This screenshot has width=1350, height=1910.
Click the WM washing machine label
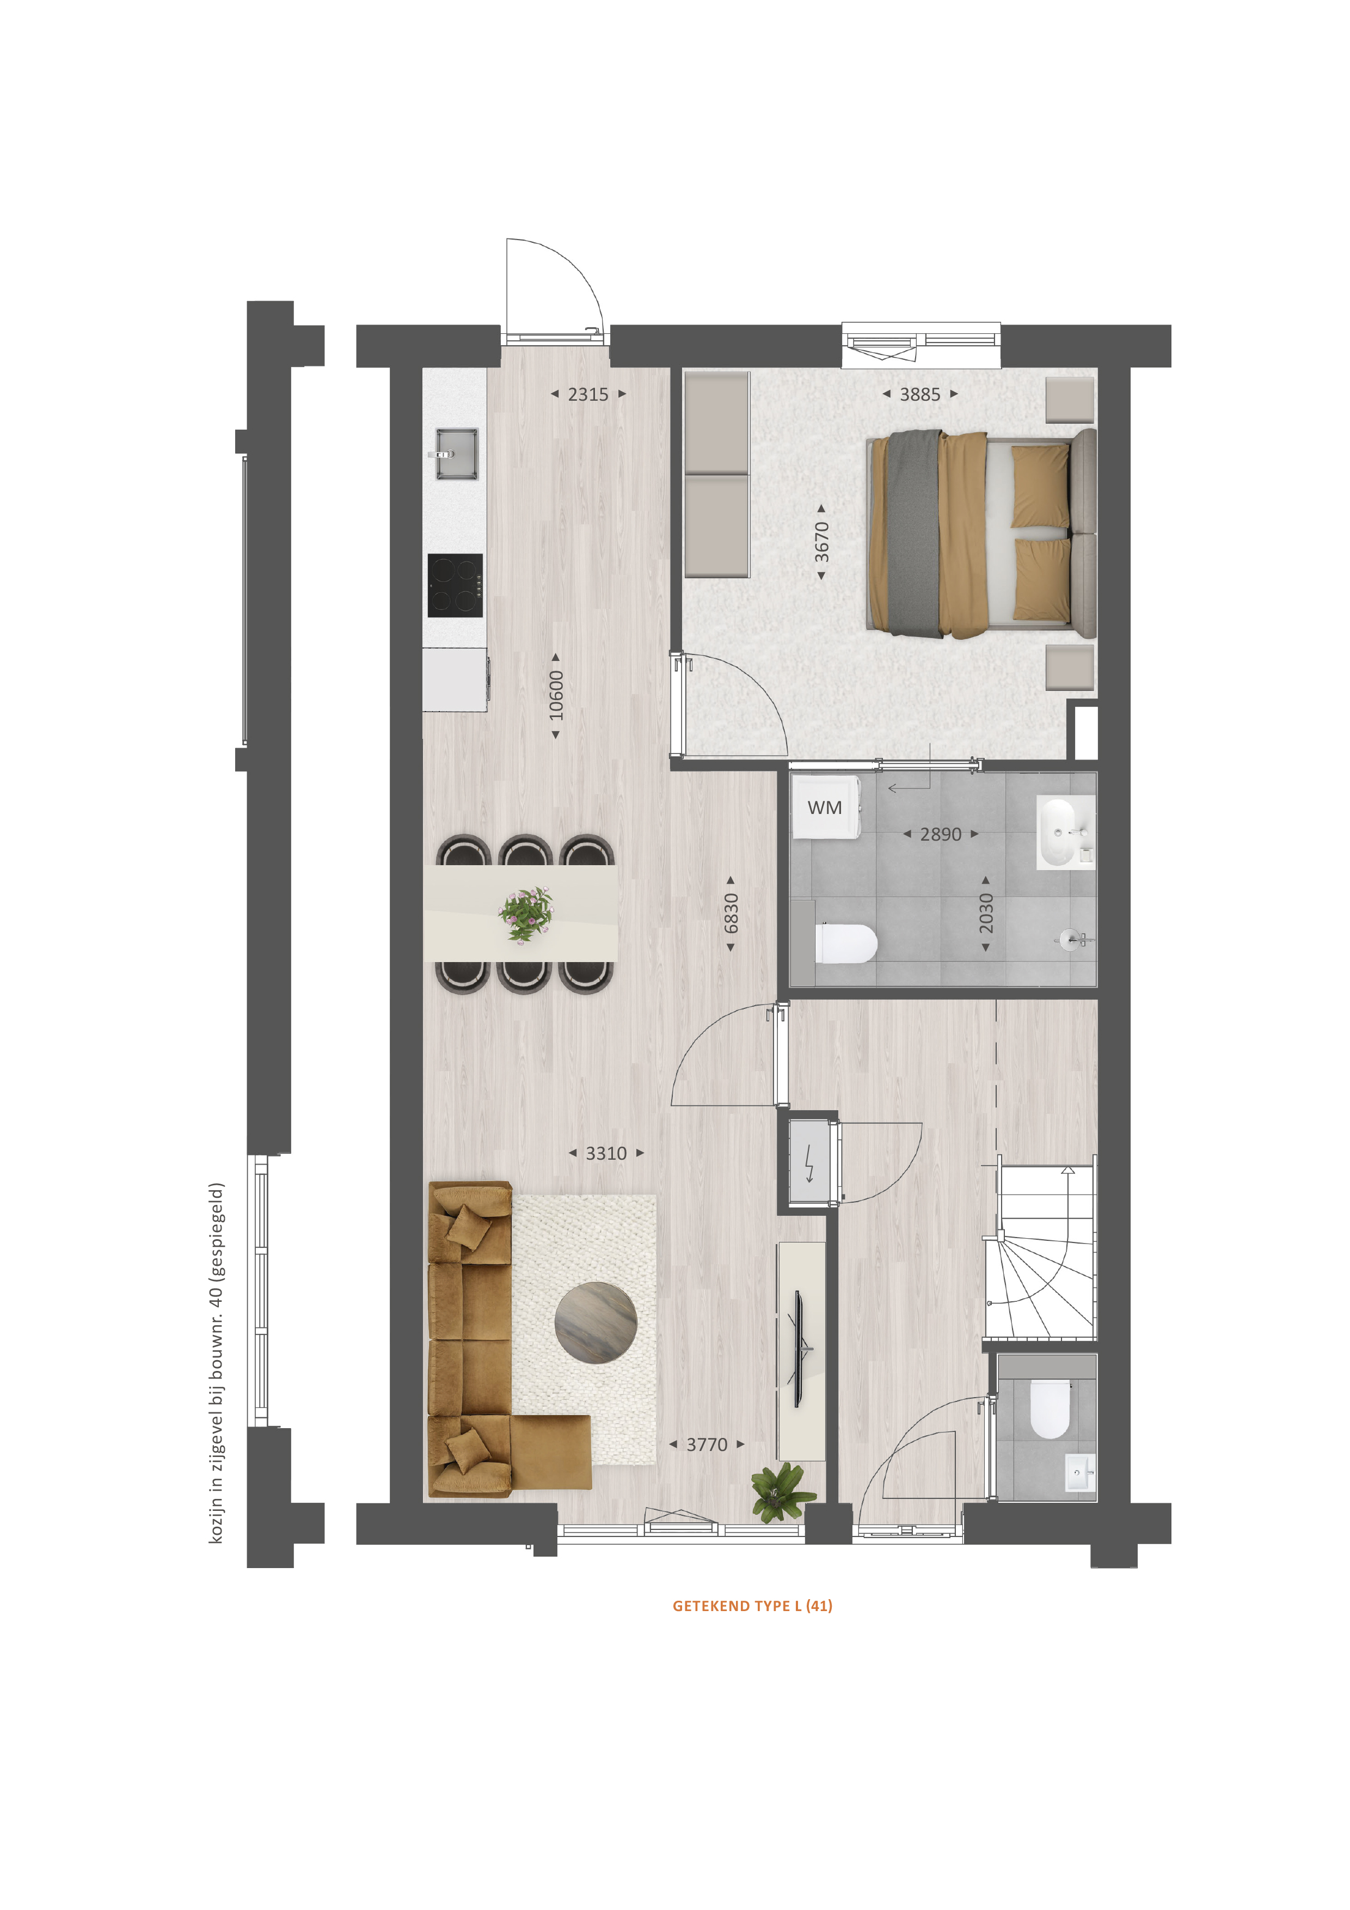pos(824,807)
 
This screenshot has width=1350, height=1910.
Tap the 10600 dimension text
pos(556,695)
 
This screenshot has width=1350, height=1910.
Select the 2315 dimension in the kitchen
pos(588,394)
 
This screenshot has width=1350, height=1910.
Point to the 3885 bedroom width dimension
pos(920,394)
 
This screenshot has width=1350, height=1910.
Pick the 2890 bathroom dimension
pos(941,834)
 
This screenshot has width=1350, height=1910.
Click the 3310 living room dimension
pos(606,1153)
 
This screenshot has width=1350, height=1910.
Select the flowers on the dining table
pos(526,914)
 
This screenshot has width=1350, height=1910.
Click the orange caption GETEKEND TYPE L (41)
pos(752,1606)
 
